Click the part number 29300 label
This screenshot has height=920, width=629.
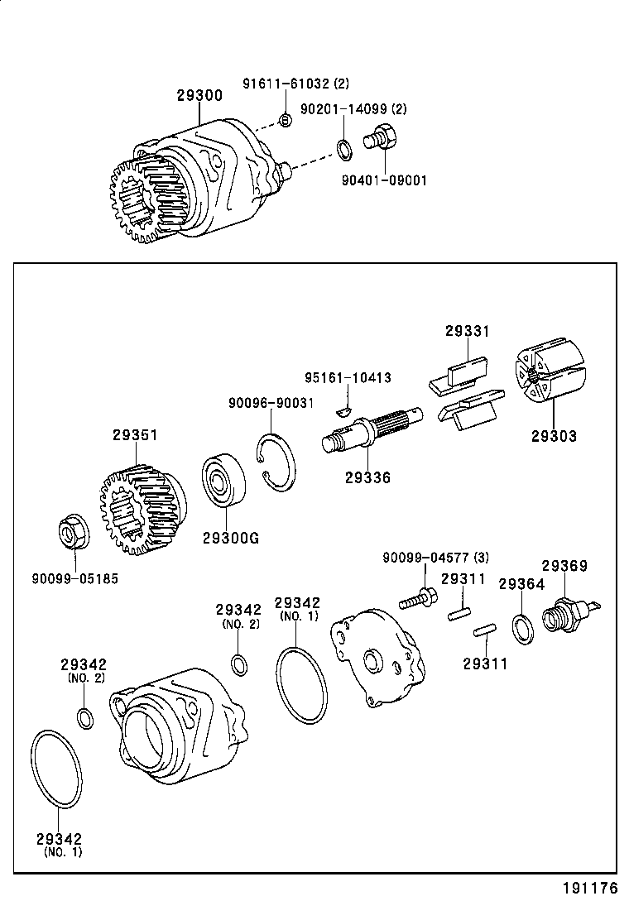click(199, 96)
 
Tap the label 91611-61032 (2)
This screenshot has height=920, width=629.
click(295, 84)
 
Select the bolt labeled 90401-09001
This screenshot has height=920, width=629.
click(382, 137)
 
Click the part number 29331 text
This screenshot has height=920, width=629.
click(467, 331)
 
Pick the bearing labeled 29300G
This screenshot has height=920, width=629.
click(224, 479)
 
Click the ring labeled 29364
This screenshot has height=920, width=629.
click(522, 628)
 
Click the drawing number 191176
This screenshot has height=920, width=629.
click(590, 889)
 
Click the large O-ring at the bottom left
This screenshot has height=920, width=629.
click(57, 769)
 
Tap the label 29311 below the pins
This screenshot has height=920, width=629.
click(485, 664)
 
